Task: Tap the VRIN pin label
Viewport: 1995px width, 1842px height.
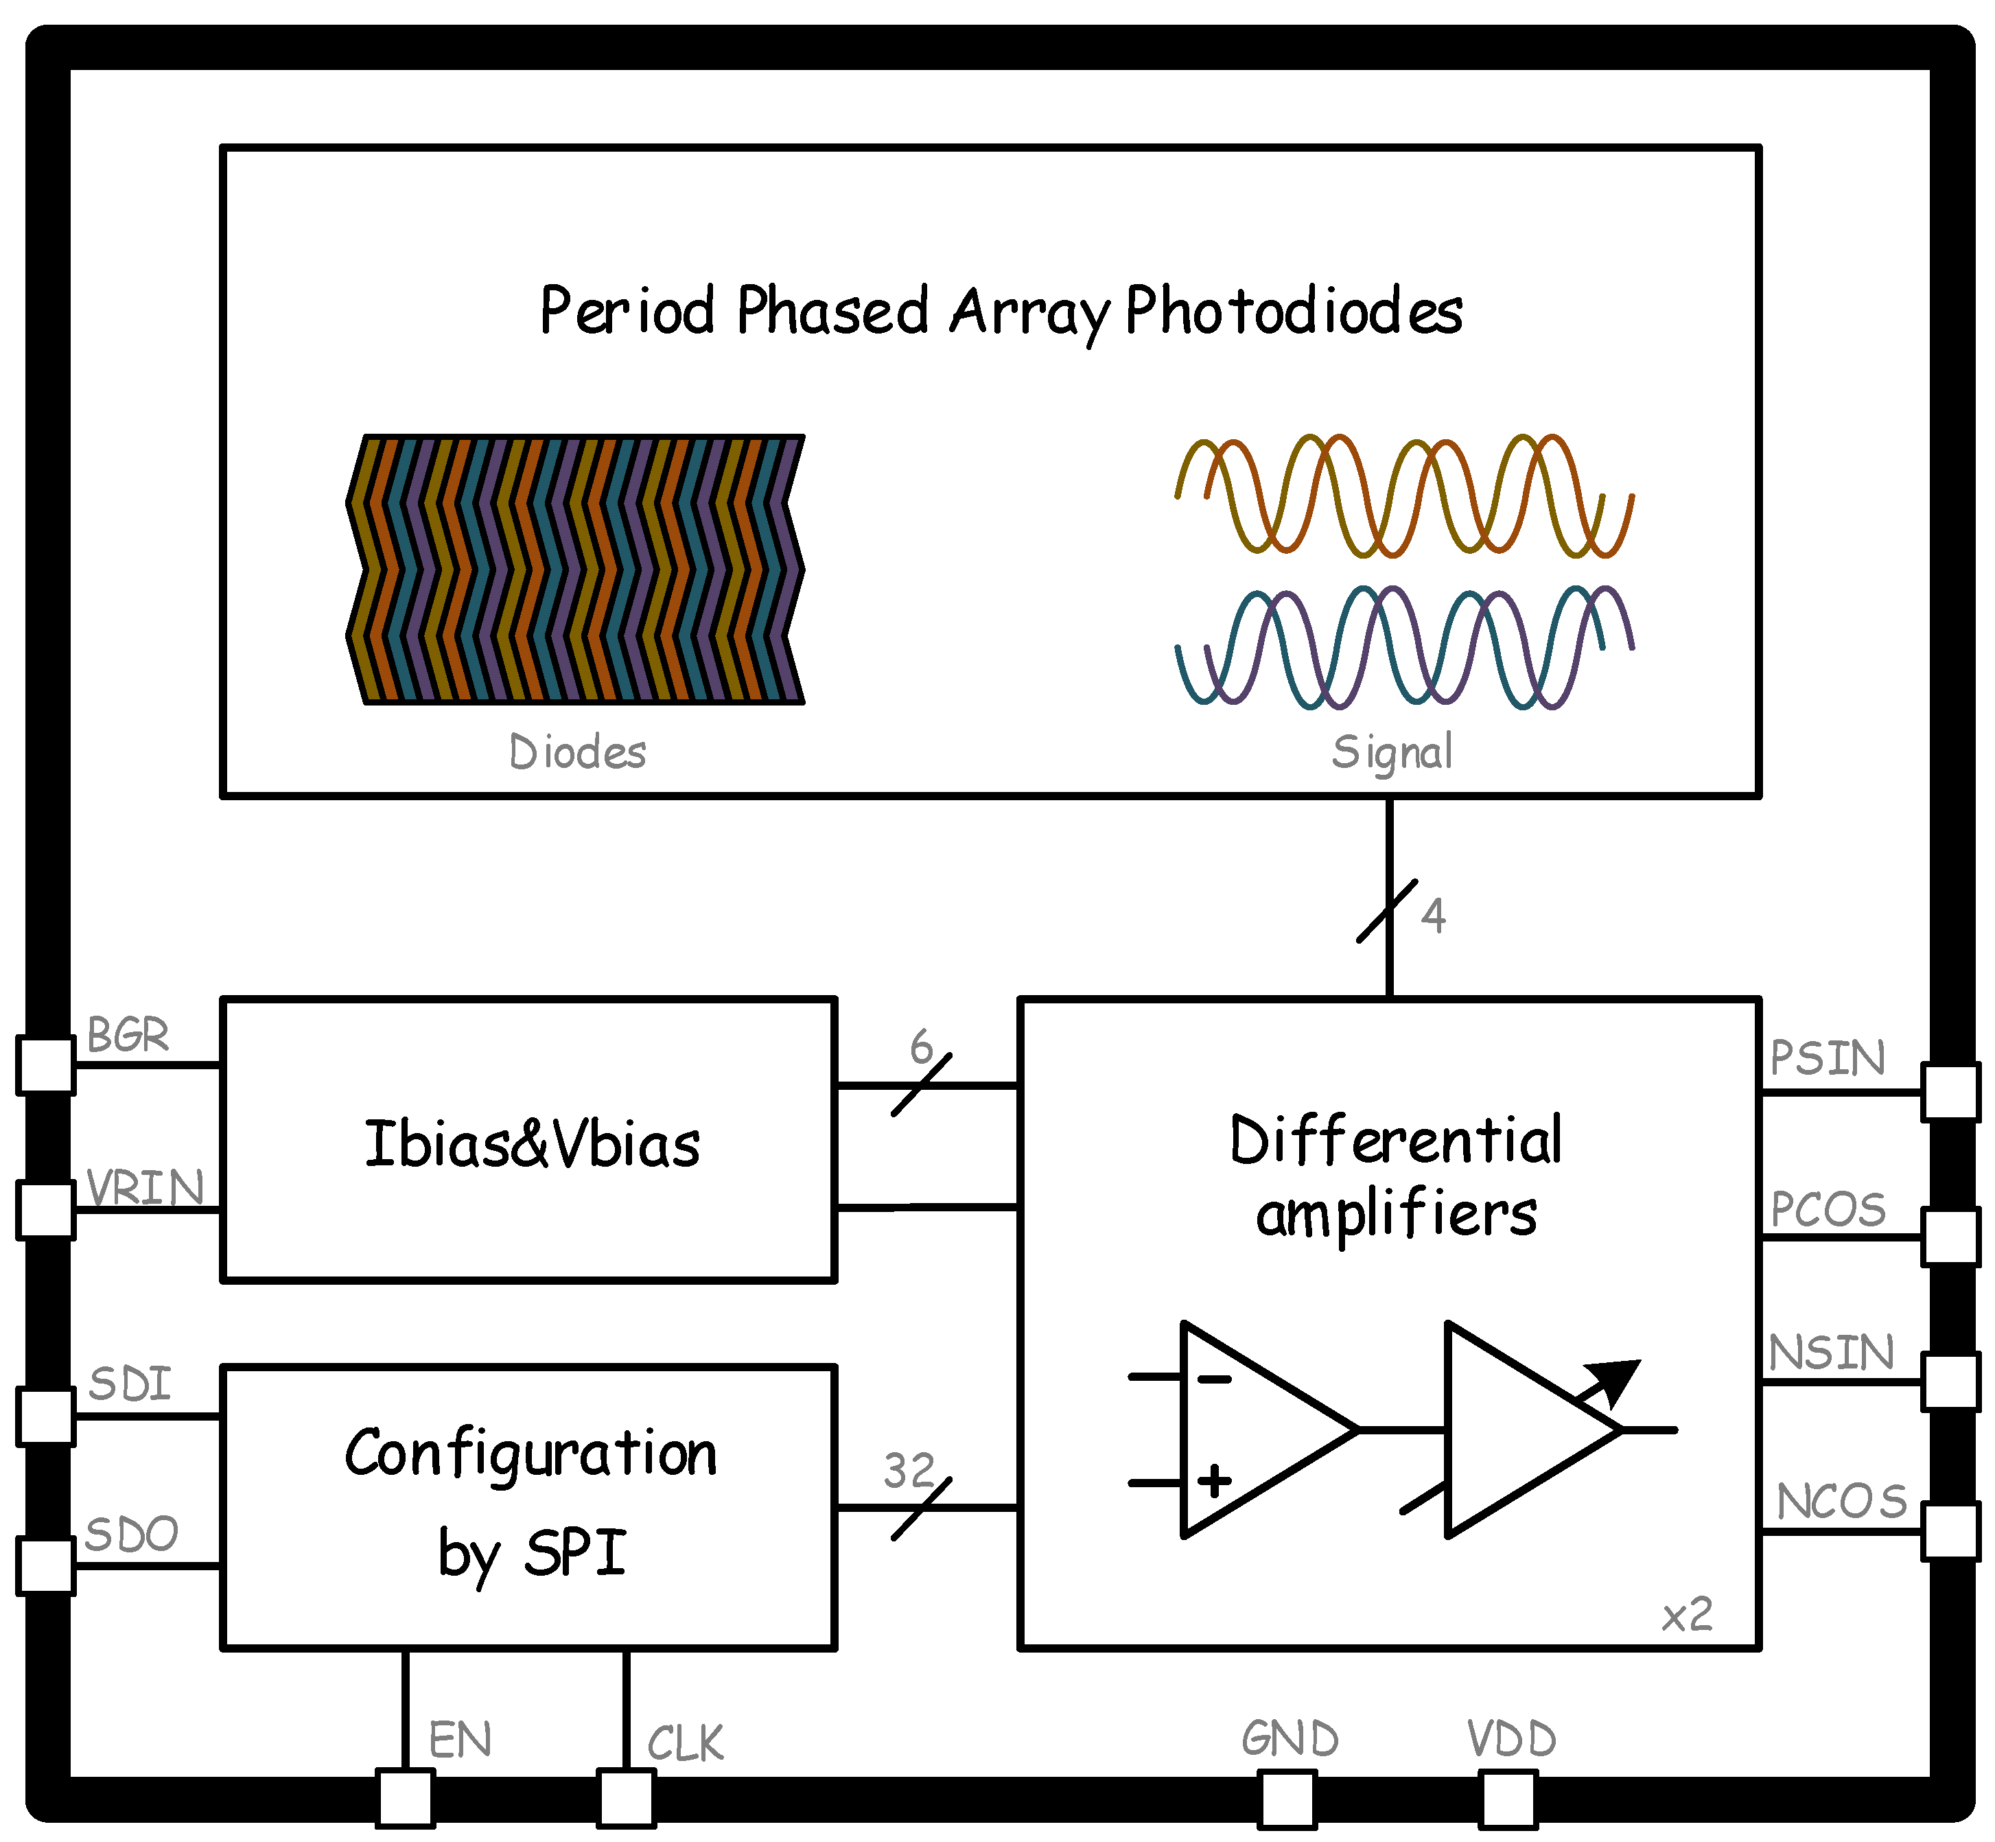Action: [145, 1188]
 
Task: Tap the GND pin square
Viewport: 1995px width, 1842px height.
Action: [1287, 1799]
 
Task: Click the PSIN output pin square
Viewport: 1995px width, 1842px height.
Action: [1950, 1093]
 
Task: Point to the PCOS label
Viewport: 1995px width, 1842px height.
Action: [1829, 1210]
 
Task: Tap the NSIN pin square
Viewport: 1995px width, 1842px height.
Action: [1950, 1381]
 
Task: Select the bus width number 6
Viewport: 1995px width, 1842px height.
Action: [921, 1047]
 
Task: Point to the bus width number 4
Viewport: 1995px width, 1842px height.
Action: [1433, 915]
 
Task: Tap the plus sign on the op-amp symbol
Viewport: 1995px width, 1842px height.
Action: [1214, 1480]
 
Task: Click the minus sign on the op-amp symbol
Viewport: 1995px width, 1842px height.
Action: [1214, 1379]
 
